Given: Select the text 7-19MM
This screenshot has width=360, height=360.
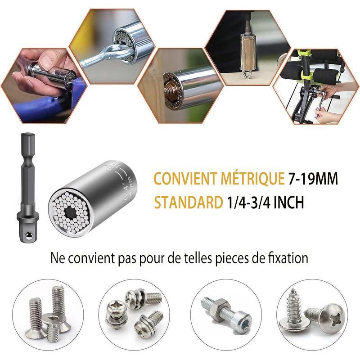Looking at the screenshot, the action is pyautogui.click(x=313, y=178).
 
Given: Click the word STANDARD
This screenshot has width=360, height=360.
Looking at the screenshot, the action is pyautogui.click(x=188, y=202).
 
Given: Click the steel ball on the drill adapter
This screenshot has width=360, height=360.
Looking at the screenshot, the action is pyautogui.click(x=28, y=235).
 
